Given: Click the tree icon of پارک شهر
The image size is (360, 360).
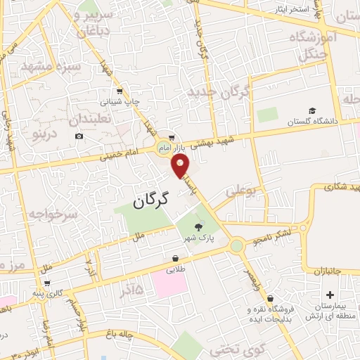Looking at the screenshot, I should [x=200, y=226].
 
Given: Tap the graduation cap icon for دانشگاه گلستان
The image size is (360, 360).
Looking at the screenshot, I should [x=311, y=110].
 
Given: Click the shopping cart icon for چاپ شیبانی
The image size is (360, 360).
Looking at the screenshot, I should [x=120, y=91].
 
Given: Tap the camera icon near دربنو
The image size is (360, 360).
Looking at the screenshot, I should [x=79, y=136].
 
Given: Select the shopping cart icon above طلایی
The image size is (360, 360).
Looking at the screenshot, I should [x=174, y=258].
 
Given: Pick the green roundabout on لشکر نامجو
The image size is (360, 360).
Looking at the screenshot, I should [x=237, y=245].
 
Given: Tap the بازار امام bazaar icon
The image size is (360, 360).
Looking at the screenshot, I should [x=169, y=137].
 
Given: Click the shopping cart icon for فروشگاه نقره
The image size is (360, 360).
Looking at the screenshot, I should [x=271, y=298].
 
